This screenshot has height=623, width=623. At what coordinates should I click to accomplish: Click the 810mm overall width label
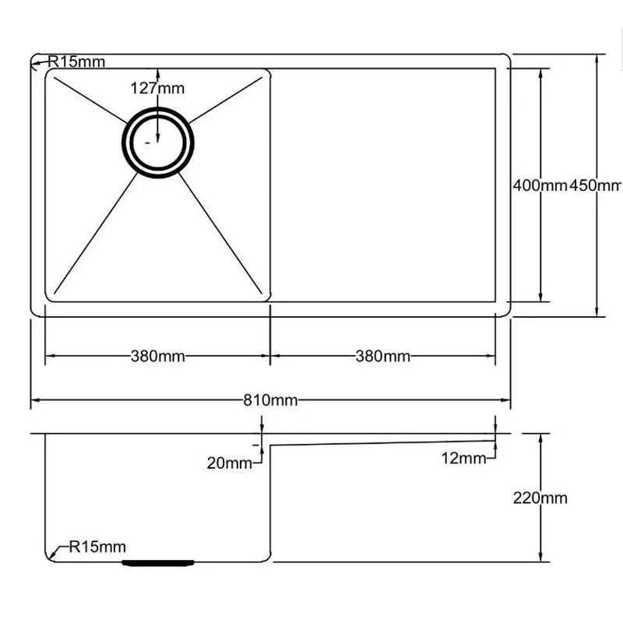pyautogui.click(x=270, y=400)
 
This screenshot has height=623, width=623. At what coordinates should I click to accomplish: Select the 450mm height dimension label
pyautogui.click(x=596, y=185)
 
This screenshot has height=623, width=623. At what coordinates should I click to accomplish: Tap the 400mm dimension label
pyautogui.click(x=540, y=185)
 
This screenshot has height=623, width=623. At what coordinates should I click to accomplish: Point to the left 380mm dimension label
pyautogui.click(x=158, y=357)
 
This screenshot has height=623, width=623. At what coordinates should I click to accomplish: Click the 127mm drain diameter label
pyautogui.click(x=157, y=88)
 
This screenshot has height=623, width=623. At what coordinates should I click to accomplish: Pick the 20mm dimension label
pyautogui.click(x=229, y=463)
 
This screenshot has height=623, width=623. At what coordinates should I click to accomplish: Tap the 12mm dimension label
pyautogui.click(x=463, y=459)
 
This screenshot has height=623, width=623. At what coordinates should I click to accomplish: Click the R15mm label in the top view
pyautogui.click(x=76, y=62)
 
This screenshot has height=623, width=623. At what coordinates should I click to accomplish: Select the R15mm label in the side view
pyautogui.click(x=97, y=547)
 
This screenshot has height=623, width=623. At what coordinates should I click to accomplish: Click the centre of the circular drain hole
pyautogui.click(x=157, y=143)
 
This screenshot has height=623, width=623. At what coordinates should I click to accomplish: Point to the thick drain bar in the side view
pyautogui.click(x=158, y=561)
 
